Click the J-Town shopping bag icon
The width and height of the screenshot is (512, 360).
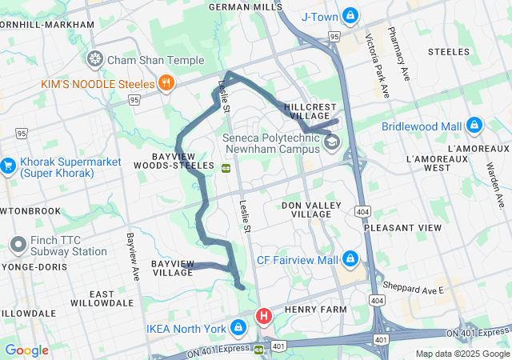pos(350,16)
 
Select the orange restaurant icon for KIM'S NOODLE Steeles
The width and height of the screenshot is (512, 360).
pos(166,82)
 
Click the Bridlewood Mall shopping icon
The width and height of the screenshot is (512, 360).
pos(474,126)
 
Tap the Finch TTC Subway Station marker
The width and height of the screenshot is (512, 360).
pos(18,245)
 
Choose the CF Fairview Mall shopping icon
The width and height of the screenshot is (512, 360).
pos(350,259)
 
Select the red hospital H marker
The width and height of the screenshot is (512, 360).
pos(263,317)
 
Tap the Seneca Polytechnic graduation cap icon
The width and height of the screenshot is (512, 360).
pos(331,142)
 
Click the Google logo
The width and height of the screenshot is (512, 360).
pos(26,350)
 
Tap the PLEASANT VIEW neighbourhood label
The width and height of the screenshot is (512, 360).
pos(402,228)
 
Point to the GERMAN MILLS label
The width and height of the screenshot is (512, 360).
pos(245,6)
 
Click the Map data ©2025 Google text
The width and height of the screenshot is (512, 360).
pos(462,354)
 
